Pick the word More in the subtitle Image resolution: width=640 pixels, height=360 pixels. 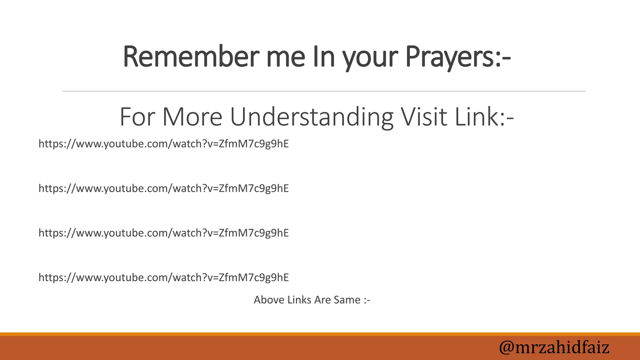(x=192, y=117)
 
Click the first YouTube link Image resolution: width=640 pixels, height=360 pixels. (x=163, y=144)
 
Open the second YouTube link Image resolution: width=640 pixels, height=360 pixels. (x=163, y=188)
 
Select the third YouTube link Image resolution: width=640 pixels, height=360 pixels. (x=163, y=233)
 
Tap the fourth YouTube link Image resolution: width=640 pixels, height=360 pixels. (x=163, y=277)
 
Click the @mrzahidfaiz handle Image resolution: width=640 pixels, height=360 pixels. (x=554, y=347)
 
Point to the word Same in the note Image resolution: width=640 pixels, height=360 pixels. (x=347, y=300)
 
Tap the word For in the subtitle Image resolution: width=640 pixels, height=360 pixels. (x=137, y=117)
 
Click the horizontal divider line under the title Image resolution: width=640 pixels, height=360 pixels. (x=324, y=91)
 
